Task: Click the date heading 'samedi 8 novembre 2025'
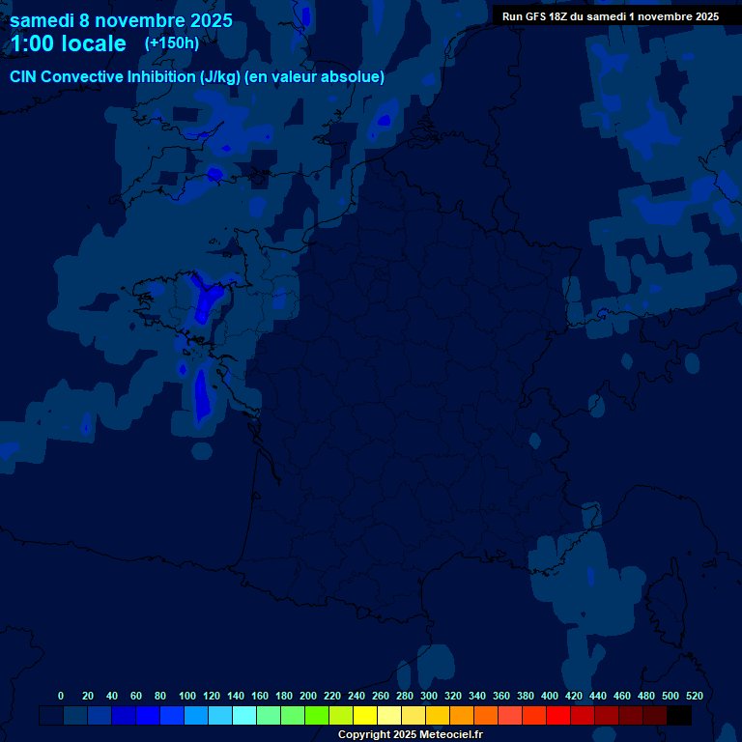(121, 20)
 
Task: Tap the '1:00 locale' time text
(69, 43)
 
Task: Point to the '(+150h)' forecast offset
(172, 43)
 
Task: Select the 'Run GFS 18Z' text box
(610, 16)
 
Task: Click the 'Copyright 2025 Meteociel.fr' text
(410, 735)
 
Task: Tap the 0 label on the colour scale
(61, 696)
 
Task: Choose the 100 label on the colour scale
(187, 696)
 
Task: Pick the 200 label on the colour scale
(308, 696)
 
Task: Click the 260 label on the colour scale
(381, 696)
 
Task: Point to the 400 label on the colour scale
(550, 696)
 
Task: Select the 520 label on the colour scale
(695, 696)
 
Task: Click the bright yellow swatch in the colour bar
(365, 716)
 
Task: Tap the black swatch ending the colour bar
(679, 716)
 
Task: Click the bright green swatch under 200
(317, 716)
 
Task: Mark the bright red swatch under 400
(558, 716)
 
